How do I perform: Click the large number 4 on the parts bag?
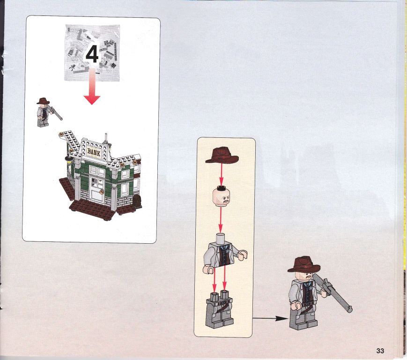click(92, 54)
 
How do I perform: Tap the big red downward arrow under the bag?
click(92, 86)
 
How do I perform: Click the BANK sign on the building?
click(94, 152)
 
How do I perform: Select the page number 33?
click(380, 351)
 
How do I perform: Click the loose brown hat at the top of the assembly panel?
click(222, 155)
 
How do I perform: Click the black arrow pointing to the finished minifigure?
click(270, 318)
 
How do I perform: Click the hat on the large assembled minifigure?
click(304, 265)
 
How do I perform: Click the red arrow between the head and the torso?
click(221, 219)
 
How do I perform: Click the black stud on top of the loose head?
click(221, 187)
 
